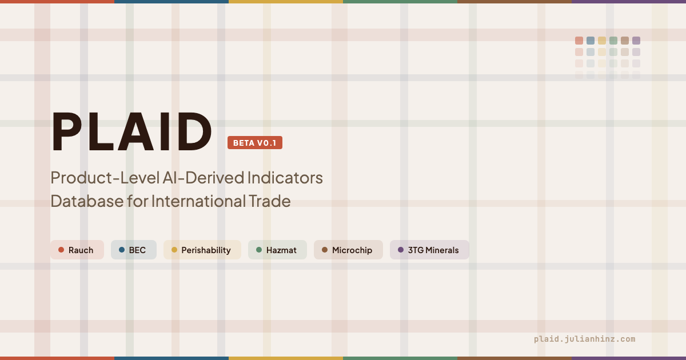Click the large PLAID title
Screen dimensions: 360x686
pyautogui.click(x=131, y=133)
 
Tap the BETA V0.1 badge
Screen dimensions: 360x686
pyautogui.click(x=255, y=143)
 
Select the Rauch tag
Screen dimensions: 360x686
pyautogui.click(x=77, y=250)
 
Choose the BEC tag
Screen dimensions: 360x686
pyautogui.click(x=133, y=250)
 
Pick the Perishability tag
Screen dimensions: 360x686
pyautogui.click(x=202, y=250)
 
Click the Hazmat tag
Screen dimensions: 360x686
pyautogui.click(x=277, y=250)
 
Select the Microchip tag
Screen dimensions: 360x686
pyautogui.click(x=348, y=250)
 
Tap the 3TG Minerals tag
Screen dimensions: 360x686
pyautogui.click(x=429, y=250)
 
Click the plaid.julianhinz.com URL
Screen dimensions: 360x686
pyautogui.click(x=584, y=339)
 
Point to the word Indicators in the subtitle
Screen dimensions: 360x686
pyautogui.click(x=285, y=178)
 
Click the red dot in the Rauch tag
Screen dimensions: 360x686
pyautogui.click(x=61, y=250)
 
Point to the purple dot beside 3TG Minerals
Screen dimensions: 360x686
pyautogui.click(x=401, y=250)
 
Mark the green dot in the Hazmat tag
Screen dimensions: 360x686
pyautogui.click(x=259, y=250)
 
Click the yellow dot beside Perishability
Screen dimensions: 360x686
pyautogui.click(x=174, y=250)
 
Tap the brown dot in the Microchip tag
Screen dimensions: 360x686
pyautogui.click(x=325, y=250)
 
